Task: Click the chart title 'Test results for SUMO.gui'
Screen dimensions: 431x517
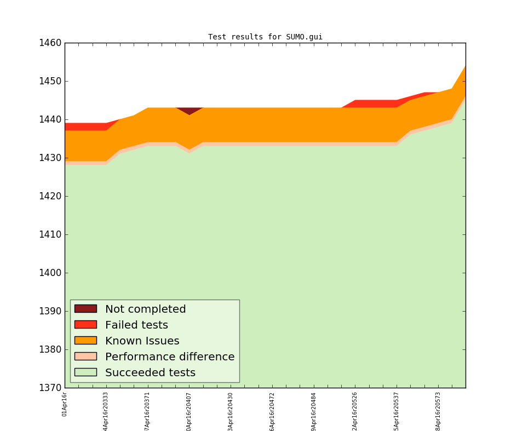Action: (265, 37)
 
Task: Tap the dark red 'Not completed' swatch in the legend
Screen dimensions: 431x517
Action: (85, 309)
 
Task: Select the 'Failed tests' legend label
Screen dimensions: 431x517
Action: (136, 325)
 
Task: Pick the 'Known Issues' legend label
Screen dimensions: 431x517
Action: (142, 341)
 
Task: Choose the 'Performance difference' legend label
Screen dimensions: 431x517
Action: (170, 357)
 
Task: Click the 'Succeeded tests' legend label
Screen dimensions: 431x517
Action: (150, 373)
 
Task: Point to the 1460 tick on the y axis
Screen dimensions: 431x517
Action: (49, 43)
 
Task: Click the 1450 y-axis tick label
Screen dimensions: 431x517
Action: (49, 81)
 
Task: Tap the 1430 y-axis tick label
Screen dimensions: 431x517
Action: (49, 158)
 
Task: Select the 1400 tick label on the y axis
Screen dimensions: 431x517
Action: (49, 273)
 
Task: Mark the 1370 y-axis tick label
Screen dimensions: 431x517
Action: (49, 388)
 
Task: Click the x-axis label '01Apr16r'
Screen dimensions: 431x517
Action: (65, 404)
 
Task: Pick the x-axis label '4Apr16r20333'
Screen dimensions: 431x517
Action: (106, 411)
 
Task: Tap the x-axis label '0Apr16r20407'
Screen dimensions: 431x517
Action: (189, 411)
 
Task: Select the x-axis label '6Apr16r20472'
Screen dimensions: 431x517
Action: (272, 411)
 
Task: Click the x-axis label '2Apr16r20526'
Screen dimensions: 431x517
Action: (355, 411)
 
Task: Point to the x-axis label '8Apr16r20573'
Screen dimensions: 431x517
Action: (438, 411)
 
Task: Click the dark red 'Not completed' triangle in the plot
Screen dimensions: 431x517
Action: (189, 110)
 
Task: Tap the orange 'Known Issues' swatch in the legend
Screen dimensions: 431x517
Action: (85, 341)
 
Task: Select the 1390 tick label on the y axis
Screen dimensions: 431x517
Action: (49, 311)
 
